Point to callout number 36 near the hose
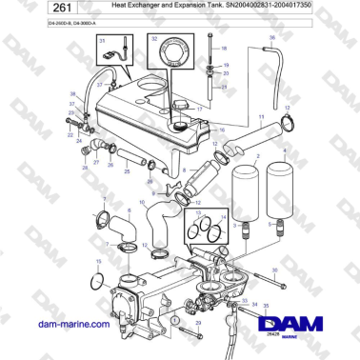click(271, 38)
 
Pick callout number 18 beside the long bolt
click(225, 47)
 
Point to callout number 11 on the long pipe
click(262, 113)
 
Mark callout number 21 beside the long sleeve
click(225, 87)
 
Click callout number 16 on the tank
click(220, 130)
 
